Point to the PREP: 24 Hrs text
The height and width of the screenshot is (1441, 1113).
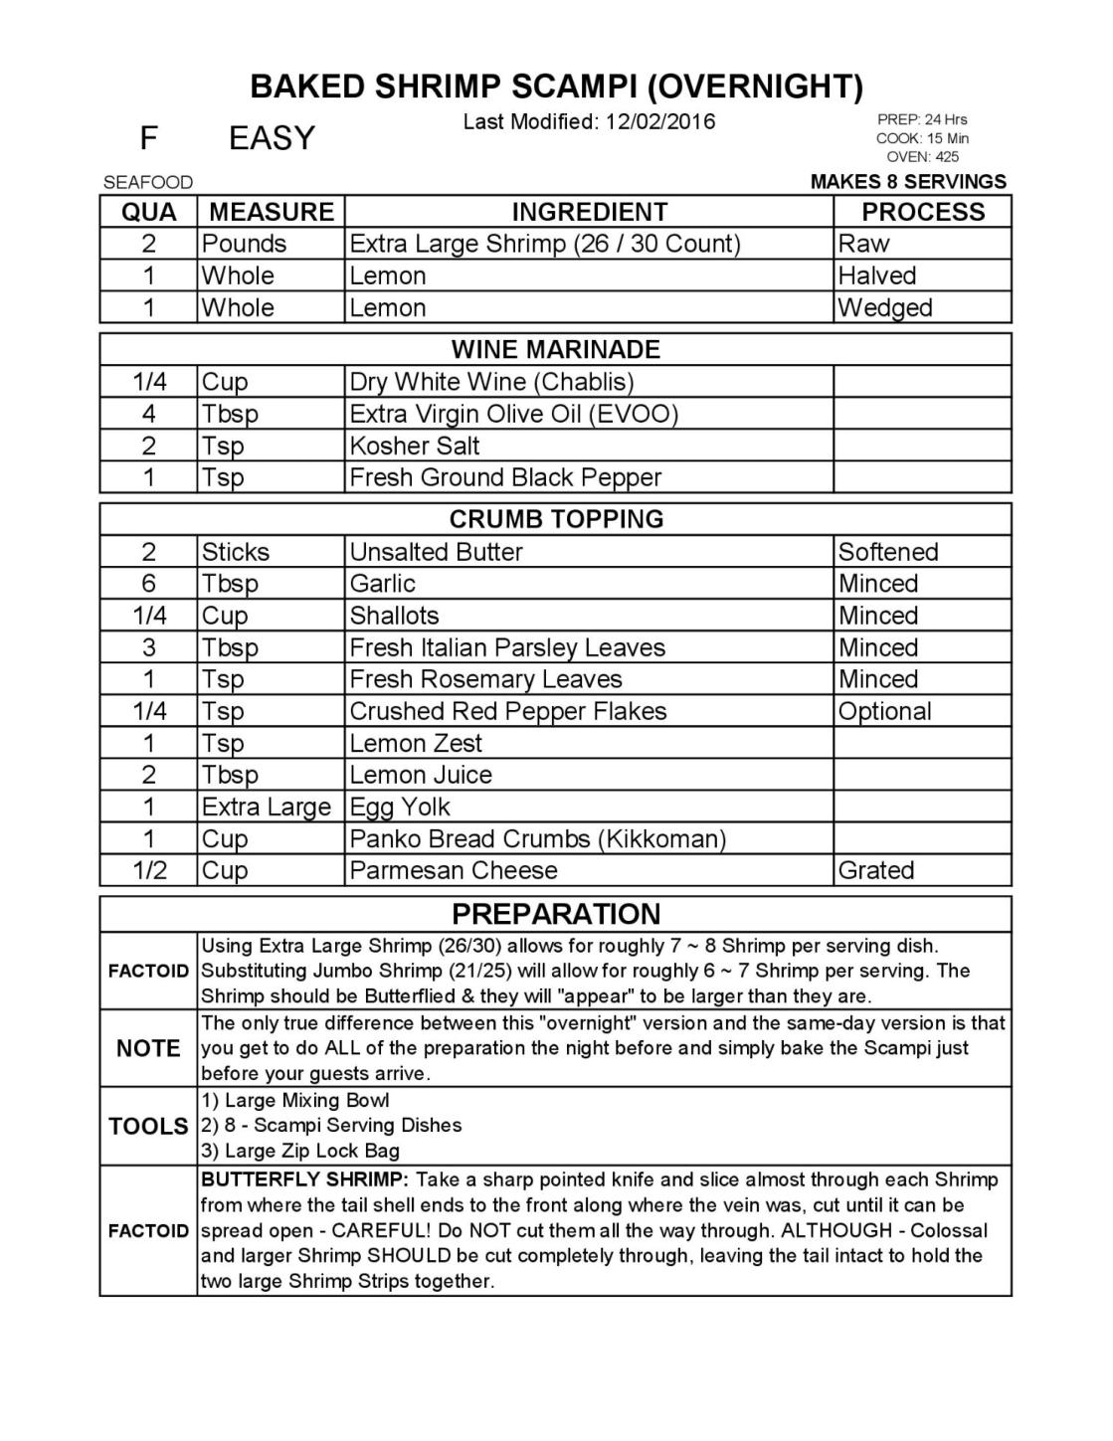(922, 119)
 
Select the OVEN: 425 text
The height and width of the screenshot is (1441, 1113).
(922, 156)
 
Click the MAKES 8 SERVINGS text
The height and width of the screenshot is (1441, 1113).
(908, 182)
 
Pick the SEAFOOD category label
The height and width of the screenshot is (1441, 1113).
(148, 183)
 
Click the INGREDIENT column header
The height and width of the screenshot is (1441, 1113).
(589, 212)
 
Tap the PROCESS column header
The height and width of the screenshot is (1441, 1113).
(922, 212)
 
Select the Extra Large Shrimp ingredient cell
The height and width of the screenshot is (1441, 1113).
(545, 244)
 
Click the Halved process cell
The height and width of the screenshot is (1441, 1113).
(877, 275)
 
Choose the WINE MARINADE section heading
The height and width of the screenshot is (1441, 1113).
(555, 349)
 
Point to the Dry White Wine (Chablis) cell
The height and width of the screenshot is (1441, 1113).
(491, 382)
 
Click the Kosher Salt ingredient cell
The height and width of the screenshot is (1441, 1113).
(415, 446)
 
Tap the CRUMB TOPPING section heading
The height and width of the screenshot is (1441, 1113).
(555, 519)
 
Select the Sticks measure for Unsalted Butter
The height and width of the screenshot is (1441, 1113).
(236, 552)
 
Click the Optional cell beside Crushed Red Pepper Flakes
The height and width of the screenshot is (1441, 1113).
(885, 711)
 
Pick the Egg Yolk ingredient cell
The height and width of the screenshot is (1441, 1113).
(400, 807)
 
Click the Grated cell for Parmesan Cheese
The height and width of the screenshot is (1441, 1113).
(876, 870)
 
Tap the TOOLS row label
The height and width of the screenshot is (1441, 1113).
(148, 1126)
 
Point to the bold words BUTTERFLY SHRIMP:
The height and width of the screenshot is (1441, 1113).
(304, 1180)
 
